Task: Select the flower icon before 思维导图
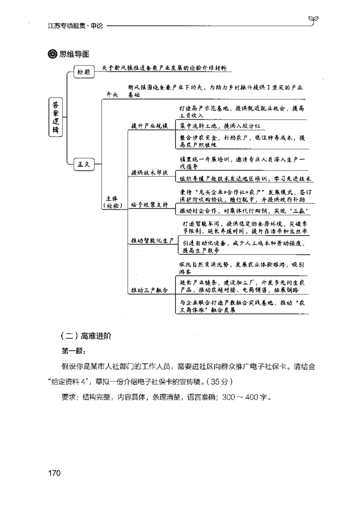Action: [x=52, y=54]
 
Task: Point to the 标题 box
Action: [x=84, y=71]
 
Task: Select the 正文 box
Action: [x=84, y=164]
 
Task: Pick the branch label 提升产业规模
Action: [x=149, y=125]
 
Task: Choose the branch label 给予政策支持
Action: [x=149, y=205]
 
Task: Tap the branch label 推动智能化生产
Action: [x=152, y=241]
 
